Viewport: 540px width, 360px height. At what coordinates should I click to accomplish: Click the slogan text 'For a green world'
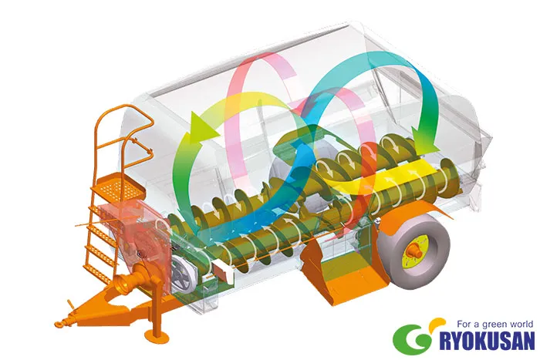point(495,325)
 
